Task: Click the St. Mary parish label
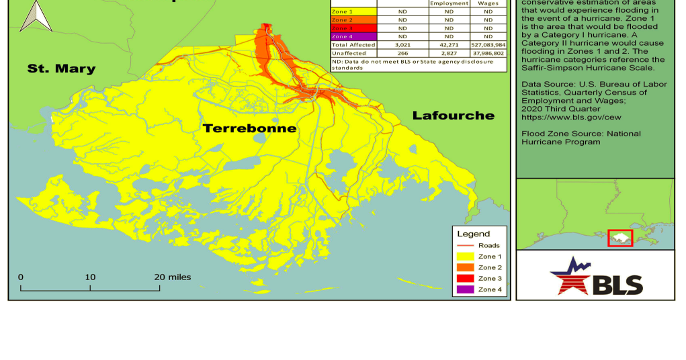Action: [61, 69]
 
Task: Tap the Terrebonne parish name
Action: [249, 128]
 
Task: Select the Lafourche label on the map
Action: [453, 116]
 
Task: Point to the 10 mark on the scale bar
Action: [90, 277]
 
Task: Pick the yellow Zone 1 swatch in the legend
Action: [465, 257]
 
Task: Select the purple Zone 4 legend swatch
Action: [465, 289]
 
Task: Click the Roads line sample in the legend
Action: [465, 246]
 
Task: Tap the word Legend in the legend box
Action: [474, 234]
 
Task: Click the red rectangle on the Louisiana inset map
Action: [620, 238]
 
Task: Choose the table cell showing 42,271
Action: [448, 44]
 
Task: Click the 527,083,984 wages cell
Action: [488, 44]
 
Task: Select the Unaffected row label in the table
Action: [349, 52]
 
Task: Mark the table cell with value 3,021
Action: [402, 44]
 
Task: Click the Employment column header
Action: [448, 3]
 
